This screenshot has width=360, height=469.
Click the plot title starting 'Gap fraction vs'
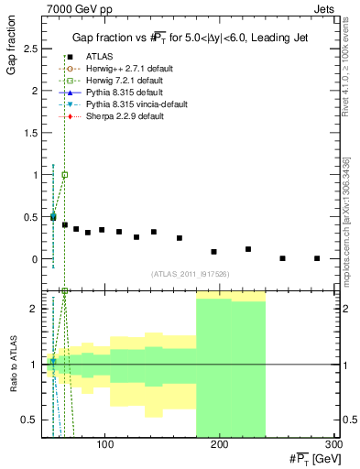click(x=191, y=38)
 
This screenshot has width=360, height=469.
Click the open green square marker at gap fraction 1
click(x=64, y=175)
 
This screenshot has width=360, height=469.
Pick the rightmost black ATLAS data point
click(x=317, y=258)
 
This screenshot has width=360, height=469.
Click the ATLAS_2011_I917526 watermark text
click(x=191, y=274)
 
